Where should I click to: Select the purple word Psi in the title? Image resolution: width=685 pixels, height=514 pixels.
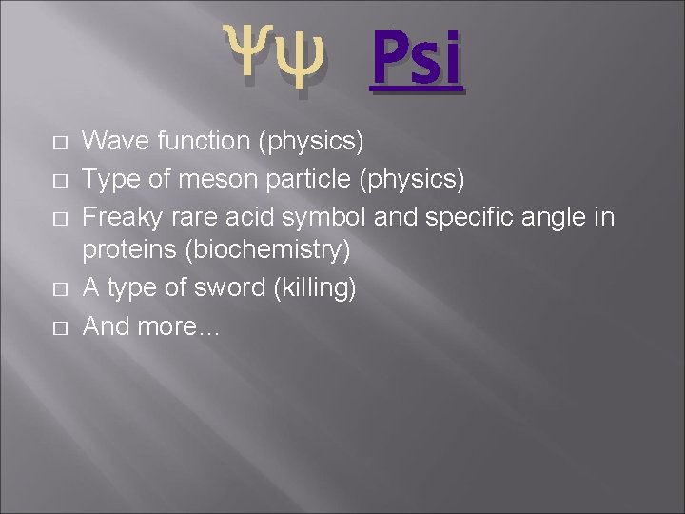pos(416,60)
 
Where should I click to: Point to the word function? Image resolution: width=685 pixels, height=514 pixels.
pos(198,142)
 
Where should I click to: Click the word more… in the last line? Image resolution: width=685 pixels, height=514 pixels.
pos(179,326)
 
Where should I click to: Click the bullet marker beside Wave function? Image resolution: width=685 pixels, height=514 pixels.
pos(60,143)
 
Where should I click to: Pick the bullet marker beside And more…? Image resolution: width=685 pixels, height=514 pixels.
pos(60,326)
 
